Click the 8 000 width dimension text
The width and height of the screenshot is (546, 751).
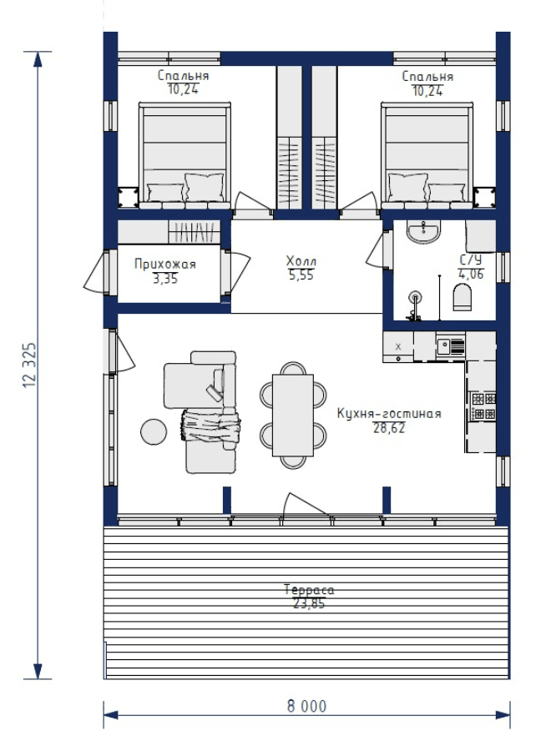click(x=306, y=707)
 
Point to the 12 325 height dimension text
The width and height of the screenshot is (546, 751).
click(x=30, y=365)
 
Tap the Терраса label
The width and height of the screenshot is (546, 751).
click(x=309, y=590)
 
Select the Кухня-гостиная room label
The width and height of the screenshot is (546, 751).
click(x=389, y=413)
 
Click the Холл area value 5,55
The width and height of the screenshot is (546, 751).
click(x=301, y=275)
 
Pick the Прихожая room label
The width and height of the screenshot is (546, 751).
click(x=165, y=264)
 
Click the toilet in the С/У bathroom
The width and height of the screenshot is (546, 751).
click(x=463, y=297)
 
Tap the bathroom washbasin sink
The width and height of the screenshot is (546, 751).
click(x=422, y=232)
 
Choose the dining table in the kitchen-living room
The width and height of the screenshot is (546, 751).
click(x=293, y=416)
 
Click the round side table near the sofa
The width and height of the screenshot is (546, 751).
click(x=154, y=431)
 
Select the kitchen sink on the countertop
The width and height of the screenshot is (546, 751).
click(x=451, y=345)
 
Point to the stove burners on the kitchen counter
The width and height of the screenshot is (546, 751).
click(x=483, y=406)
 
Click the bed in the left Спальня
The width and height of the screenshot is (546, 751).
click(x=185, y=155)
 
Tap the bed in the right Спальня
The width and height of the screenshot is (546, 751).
click(x=427, y=155)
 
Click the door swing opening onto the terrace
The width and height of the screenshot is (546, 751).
click(x=306, y=505)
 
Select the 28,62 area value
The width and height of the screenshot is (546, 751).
click(x=389, y=428)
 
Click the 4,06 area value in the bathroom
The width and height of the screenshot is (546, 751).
click(x=471, y=274)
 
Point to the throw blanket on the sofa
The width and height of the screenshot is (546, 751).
click(x=210, y=426)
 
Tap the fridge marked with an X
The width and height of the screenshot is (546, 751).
click(x=398, y=347)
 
